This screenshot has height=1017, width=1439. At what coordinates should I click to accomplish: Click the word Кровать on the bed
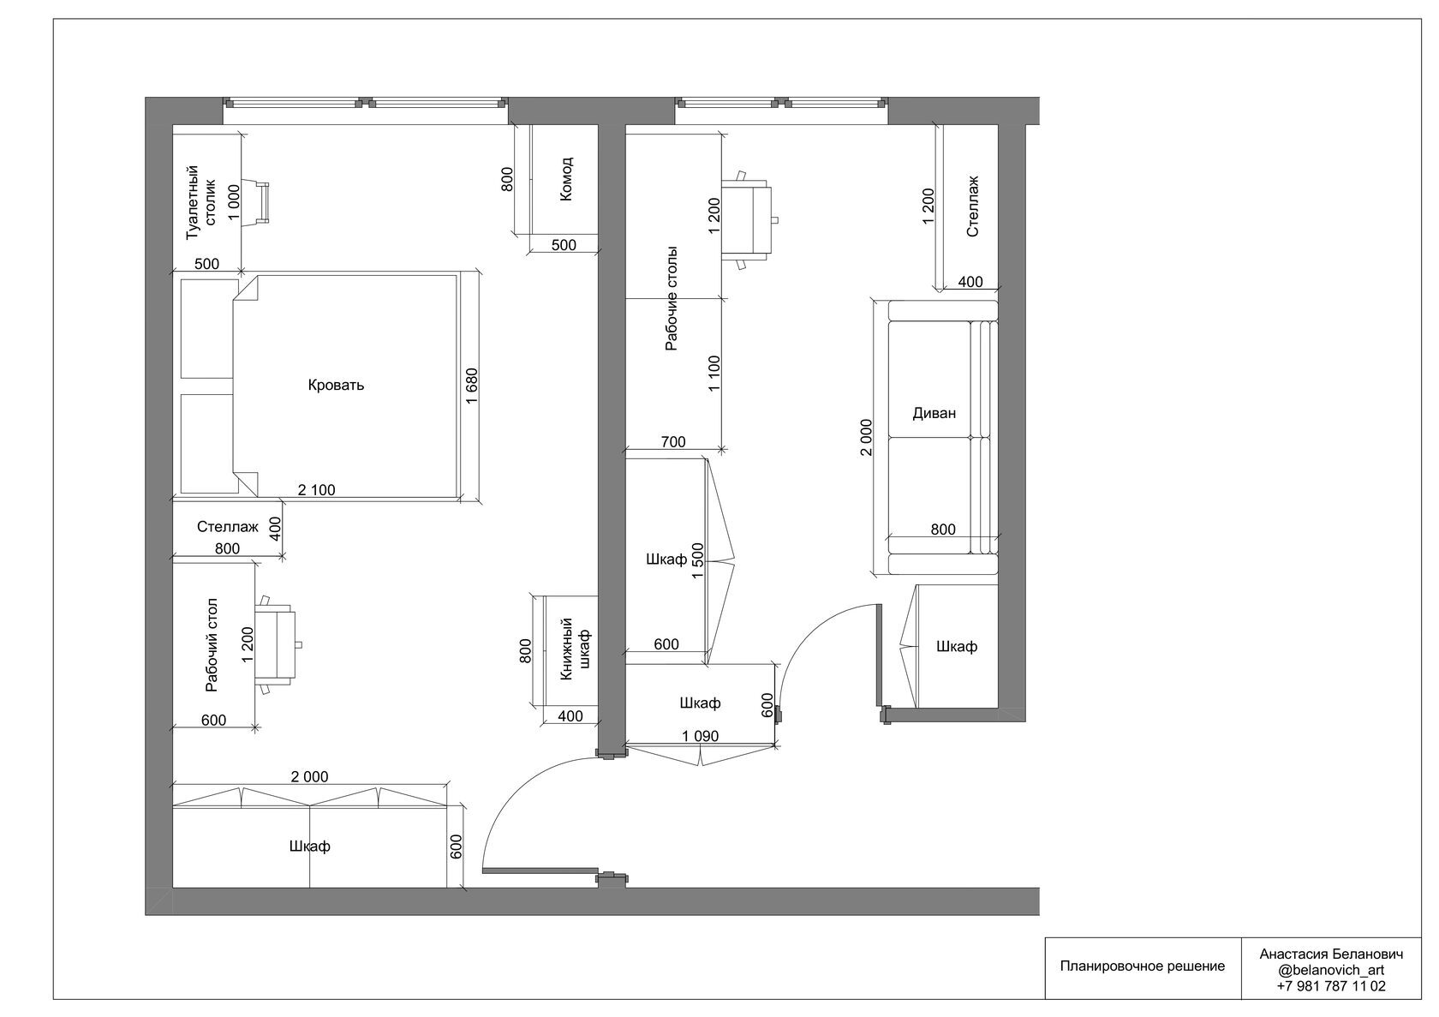336,386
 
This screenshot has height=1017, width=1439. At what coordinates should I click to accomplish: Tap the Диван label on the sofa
934,413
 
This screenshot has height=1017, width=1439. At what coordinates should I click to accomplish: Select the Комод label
566,179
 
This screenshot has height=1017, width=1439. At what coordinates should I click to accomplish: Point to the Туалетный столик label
201,203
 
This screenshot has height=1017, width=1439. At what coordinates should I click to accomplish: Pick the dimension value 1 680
472,386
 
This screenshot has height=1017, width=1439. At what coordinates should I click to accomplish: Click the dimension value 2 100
316,490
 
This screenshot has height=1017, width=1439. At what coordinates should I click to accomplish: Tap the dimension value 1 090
701,736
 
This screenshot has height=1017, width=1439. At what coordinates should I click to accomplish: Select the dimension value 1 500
698,561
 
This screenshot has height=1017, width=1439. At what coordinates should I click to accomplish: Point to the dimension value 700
673,442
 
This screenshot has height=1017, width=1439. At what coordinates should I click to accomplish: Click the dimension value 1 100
714,374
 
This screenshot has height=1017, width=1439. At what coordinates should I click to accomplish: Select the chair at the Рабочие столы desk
749,219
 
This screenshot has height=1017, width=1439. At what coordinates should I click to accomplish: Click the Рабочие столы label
672,297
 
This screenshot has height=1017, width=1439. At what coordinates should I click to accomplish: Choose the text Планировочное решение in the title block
1143,966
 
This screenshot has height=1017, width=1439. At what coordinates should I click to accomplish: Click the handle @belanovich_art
1331,971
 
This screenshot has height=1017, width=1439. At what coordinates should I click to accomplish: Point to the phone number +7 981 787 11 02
1331,986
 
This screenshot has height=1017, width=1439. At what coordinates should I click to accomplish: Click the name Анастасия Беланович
1331,954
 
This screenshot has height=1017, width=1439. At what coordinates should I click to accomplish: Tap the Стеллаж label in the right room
973,206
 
